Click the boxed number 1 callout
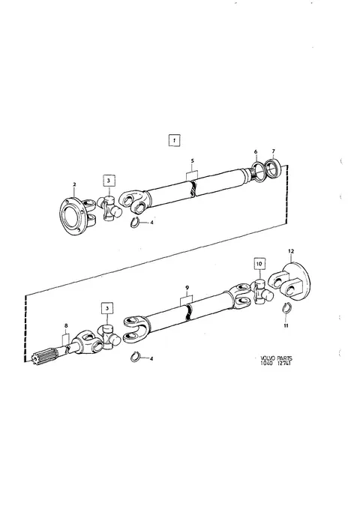click(x=175, y=141)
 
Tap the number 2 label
click(x=74, y=184)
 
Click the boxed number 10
click(x=259, y=264)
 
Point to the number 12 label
click(x=291, y=251)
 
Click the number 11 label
click(x=286, y=325)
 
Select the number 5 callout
click(x=192, y=160)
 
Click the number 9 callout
click(x=187, y=287)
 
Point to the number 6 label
click(x=256, y=151)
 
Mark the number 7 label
click(x=273, y=151)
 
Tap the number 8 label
click(x=66, y=325)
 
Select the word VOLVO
click(x=268, y=358)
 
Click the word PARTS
click(x=284, y=358)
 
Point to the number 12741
click(x=283, y=364)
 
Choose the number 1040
click(x=267, y=364)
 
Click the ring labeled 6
click(x=258, y=172)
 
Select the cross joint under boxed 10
click(x=262, y=292)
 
